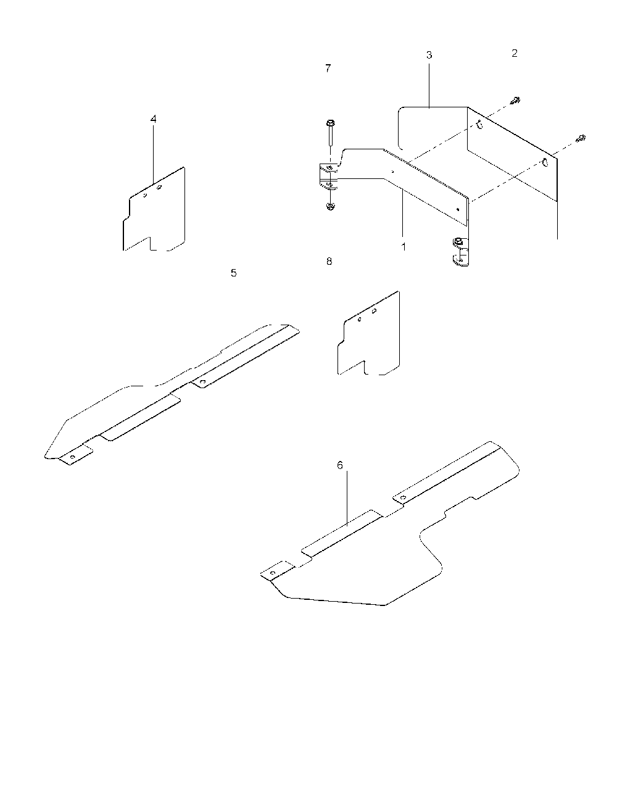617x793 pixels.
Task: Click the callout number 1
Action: [403, 247]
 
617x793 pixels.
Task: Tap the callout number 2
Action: [515, 53]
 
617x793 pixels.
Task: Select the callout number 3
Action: [429, 55]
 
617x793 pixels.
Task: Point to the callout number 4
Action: [153, 119]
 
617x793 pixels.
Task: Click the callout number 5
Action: [233, 273]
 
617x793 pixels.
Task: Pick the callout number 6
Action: [340, 465]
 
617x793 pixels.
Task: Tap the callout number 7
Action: [328, 69]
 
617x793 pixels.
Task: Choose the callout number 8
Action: [329, 261]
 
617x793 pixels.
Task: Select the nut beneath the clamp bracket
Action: [330, 207]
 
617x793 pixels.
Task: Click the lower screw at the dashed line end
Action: [581, 138]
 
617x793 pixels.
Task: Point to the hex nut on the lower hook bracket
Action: [457, 241]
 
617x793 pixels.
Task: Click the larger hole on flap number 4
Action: [159, 188]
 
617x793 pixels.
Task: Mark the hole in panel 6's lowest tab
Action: [272, 573]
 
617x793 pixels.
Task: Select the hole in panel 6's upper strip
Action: [403, 498]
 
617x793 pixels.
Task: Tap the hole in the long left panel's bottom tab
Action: [73, 457]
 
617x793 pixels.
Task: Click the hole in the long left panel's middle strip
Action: [203, 382]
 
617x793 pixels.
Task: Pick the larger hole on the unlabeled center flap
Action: [374, 311]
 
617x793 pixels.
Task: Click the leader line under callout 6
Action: [347, 499]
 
